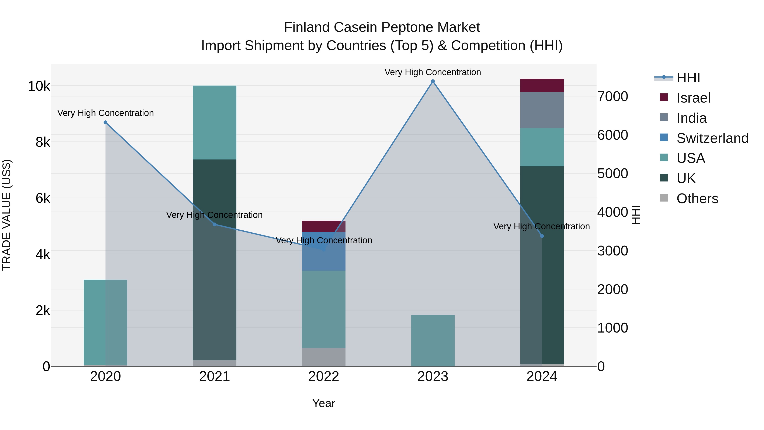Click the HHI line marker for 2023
(x=433, y=81)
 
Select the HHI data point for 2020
(x=106, y=122)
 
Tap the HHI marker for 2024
(x=542, y=236)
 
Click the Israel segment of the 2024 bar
(x=542, y=85)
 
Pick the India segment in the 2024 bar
(x=542, y=110)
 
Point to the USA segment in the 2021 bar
(x=214, y=122)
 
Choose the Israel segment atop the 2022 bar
(x=324, y=226)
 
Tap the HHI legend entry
(x=688, y=78)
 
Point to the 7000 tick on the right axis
(x=612, y=97)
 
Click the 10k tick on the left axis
(x=39, y=86)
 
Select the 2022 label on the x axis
(x=324, y=376)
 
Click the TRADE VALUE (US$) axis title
(x=7, y=215)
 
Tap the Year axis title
(x=324, y=403)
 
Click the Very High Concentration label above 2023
(x=433, y=72)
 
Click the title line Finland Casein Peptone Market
(x=382, y=27)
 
